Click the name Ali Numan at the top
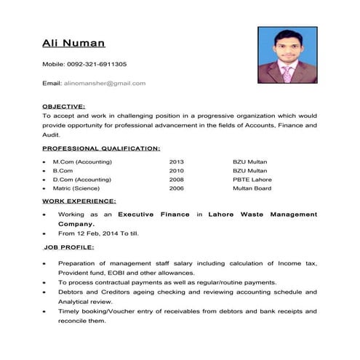tap(73, 44)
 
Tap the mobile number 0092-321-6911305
tap(95, 65)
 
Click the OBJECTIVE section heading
tap(64, 105)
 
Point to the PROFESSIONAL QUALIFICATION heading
tap(101, 148)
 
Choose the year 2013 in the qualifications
tap(177, 160)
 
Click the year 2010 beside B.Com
tap(177, 169)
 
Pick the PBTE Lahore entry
tap(252, 179)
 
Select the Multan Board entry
tap(252, 188)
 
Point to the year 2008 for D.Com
tap(177, 179)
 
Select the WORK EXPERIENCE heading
tap(79, 200)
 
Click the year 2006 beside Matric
tap(177, 188)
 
